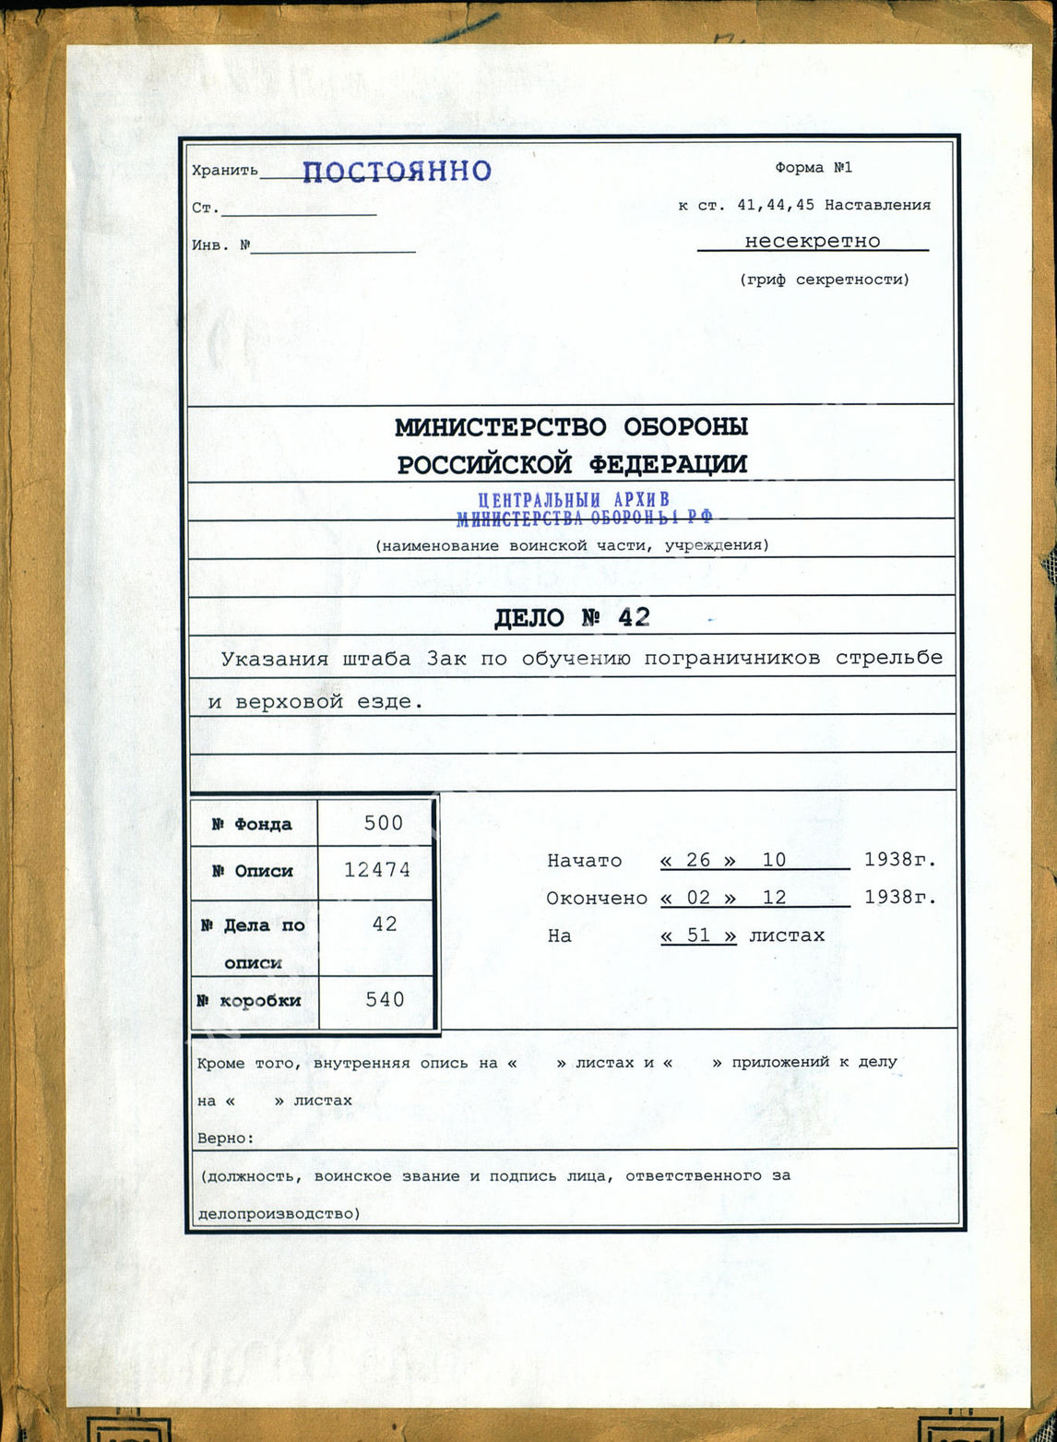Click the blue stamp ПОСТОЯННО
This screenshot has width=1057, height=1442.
click(x=397, y=171)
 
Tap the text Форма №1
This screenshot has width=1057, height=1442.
click(x=814, y=168)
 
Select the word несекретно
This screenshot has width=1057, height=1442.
click(x=813, y=241)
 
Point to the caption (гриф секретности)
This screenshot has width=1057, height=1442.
click(x=824, y=280)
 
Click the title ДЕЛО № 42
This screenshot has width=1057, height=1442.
click(x=572, y=618)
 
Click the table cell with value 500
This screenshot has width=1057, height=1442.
click(x=384, y=823)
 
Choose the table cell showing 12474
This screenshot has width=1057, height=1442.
click(x=377, y=869)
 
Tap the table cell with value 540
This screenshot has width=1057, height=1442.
click(x=385, y=999)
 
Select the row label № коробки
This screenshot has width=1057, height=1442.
click(x=249, y=1000)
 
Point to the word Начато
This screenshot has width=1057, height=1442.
click(x=585, y=861)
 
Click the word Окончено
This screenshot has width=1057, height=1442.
click(x=597, y=898)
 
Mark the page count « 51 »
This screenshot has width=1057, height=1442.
click(x=698, y=936)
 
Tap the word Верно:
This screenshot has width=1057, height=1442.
click(x=226, y=1138)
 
